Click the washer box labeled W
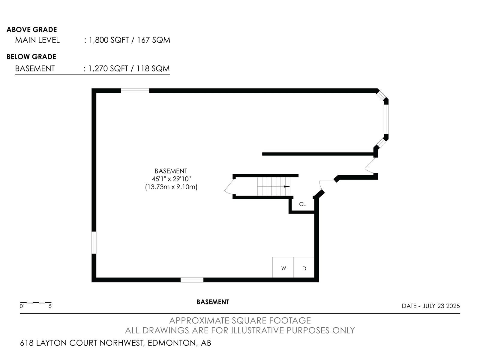(283, 267)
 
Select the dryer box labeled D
(304, 267)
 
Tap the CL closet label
(302, 204)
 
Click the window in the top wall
(135, 91)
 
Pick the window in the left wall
(94, 243)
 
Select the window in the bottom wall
(192, 280)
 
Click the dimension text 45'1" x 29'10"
(171, 179)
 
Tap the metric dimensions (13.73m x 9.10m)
(171, 187)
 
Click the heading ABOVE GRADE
(32, 29)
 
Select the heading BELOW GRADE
(31, 57)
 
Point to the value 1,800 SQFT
(109, 40)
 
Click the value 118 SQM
(153, 69)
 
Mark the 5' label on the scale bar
(50, 306)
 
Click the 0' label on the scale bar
(22, 306)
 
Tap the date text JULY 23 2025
(441, 306)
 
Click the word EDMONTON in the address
(172, 343)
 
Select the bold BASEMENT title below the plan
(213, 302)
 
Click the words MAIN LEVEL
(37, 40)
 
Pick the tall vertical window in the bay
(386, 119)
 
